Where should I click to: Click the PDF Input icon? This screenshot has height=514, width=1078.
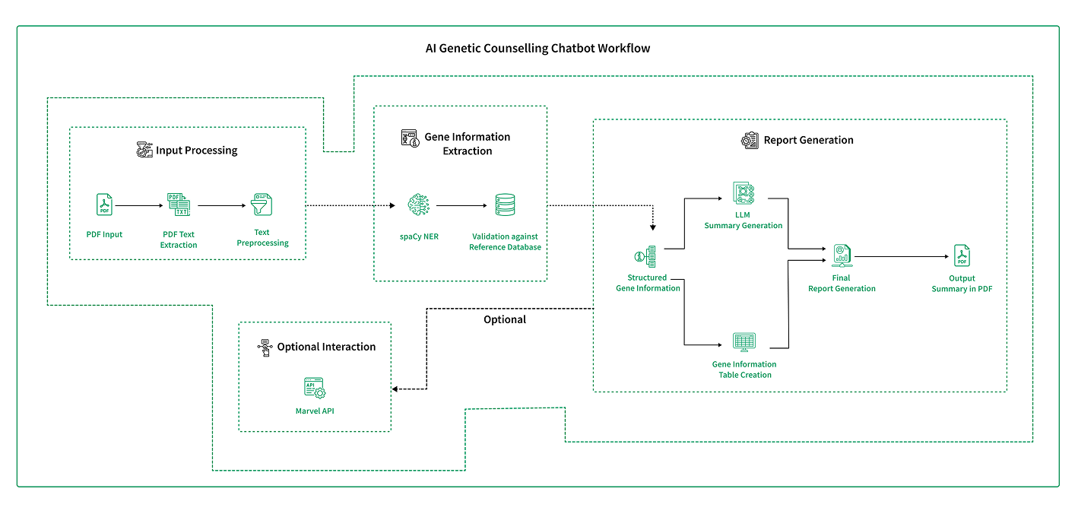(x=104, y=205)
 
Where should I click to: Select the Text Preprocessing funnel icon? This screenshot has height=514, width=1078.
(x=262, y=205)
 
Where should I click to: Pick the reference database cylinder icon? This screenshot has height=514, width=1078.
(x=505, y=205)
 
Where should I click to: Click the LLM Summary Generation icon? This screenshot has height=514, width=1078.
(x=744, y=194)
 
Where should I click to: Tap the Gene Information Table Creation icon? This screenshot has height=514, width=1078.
(x=744, y=342)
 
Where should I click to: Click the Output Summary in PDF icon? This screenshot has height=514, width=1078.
(x=962, y=256)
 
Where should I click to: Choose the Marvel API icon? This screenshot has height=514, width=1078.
(x=315, y=389)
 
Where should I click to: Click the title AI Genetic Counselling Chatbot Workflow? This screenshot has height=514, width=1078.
(x=537, y=48)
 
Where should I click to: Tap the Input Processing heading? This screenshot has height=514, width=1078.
(x=196, y=151)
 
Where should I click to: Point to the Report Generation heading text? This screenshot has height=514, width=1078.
(x=808, y=140)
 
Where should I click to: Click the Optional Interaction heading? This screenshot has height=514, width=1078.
(x=326, y=347)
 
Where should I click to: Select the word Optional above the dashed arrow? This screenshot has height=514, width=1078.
(x=505, y=319)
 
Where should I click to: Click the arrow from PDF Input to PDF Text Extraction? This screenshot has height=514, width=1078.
(x=141, y=205)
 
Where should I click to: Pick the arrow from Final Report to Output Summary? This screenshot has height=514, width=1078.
(x=901, y=256)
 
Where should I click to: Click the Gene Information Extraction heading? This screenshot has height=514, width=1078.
(x=467, y=144)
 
